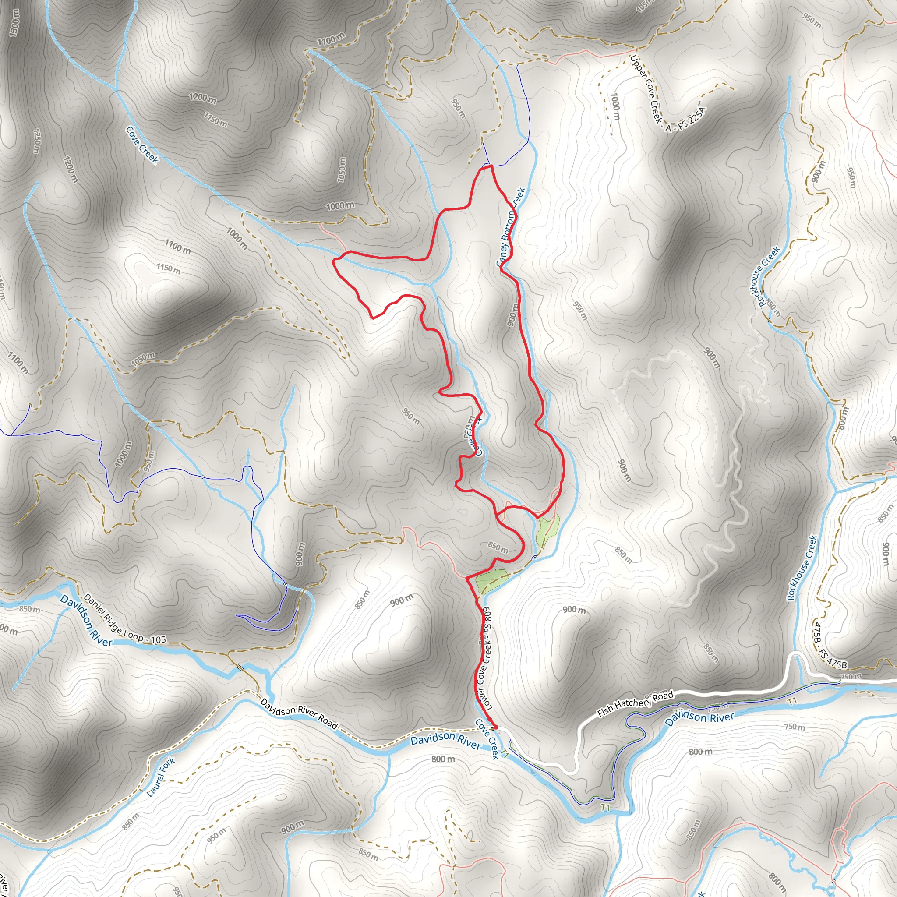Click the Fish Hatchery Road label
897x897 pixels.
click(x=635, y=704)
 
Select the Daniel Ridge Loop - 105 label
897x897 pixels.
click(x=124, y=619)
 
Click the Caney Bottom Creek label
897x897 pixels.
click(x=511, y=227)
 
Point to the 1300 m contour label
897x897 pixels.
click(x=14, y=23)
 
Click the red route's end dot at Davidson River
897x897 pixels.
click(x=495, y=727)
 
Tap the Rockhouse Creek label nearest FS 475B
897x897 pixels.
click(x=802, y=568)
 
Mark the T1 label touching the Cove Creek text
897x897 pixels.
click(x=505, y=756)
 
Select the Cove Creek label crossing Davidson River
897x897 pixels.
click(x=487, y=739)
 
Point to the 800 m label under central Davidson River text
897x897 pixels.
click(x=443, y=759)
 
